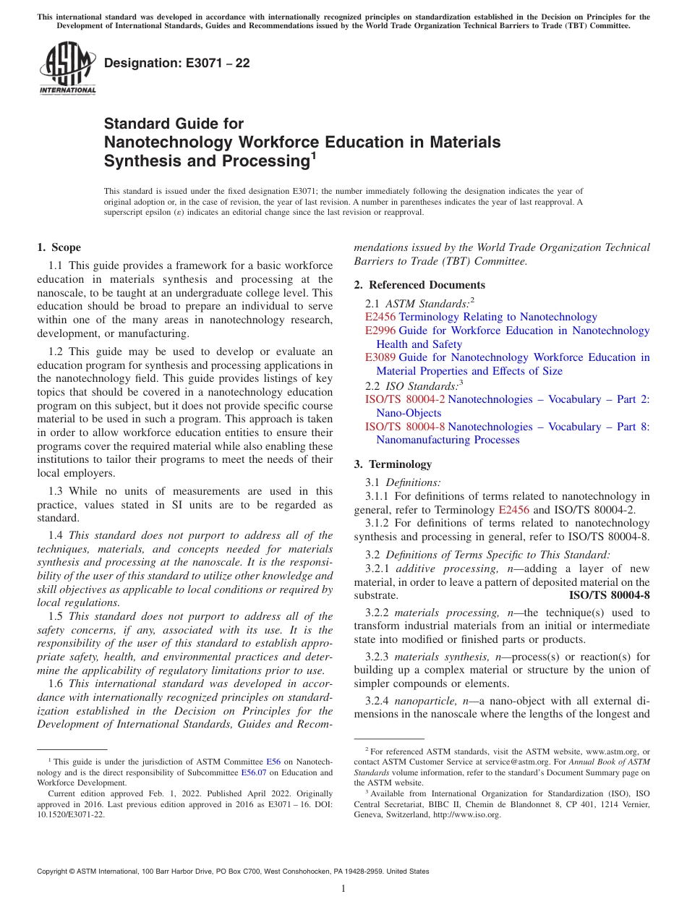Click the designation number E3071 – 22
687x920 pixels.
pos(176,63)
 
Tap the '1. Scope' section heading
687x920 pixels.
pos(59,247)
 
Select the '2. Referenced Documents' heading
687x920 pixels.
pos(419,285)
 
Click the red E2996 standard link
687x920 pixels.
pos(380,331)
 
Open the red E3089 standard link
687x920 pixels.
pos(380,357)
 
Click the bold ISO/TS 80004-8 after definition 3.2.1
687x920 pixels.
pos(609,596)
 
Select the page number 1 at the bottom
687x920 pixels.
pos(343,889)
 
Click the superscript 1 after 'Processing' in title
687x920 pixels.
pos(314,154)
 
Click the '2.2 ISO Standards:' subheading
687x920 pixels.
pos(413,386)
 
